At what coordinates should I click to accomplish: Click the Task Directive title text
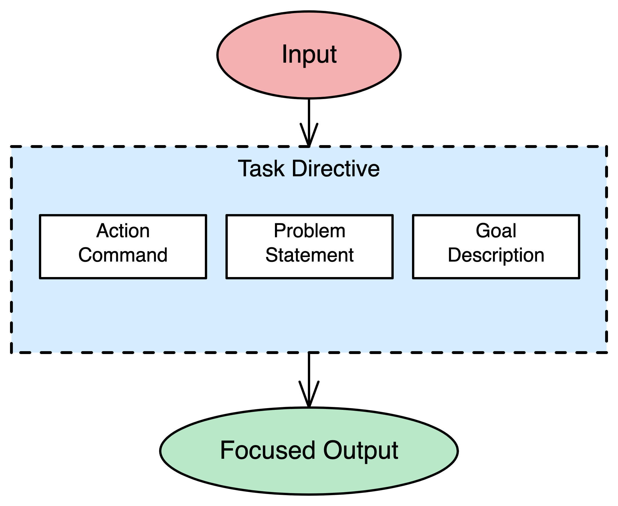pos(309,169)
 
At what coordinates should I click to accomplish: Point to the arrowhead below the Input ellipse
pos(309,136)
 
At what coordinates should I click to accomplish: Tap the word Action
pos(123,231)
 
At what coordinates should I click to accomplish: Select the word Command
pos(123,255)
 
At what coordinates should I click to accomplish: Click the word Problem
pos(310,231)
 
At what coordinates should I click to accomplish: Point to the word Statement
pos(310,255)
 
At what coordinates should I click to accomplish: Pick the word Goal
pos(496,231)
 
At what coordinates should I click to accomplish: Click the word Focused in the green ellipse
pos(268,450)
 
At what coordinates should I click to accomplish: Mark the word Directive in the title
pos(336,169)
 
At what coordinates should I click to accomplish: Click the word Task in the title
pos(261,169)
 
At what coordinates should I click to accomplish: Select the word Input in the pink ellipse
pos(309,54)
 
